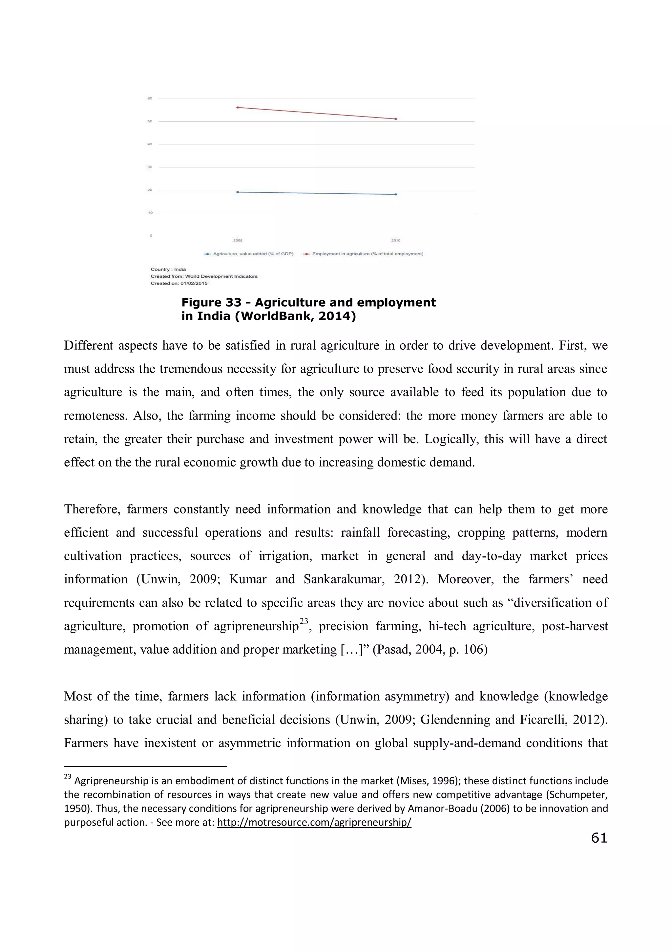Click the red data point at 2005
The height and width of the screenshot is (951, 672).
[x=238, y=107]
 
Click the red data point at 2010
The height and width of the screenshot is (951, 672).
[x=396, y=119]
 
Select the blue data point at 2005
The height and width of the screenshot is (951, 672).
[x=238, y=192]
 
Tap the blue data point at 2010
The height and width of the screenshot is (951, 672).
[x=396, y=194]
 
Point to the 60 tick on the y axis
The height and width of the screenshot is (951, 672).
[x=150, y=98]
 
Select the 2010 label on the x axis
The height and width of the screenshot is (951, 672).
[x=396, y=241]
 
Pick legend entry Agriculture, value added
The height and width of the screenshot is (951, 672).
[x=253, y=254]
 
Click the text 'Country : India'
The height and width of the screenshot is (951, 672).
[x=168, y=269]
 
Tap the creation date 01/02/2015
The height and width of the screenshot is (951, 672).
[x=194, y=283]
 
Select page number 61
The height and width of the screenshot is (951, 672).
[x=599, y=838]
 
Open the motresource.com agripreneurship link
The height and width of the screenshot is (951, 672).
[x=314, y=823]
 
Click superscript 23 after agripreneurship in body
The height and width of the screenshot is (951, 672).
[x=304, y=621]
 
